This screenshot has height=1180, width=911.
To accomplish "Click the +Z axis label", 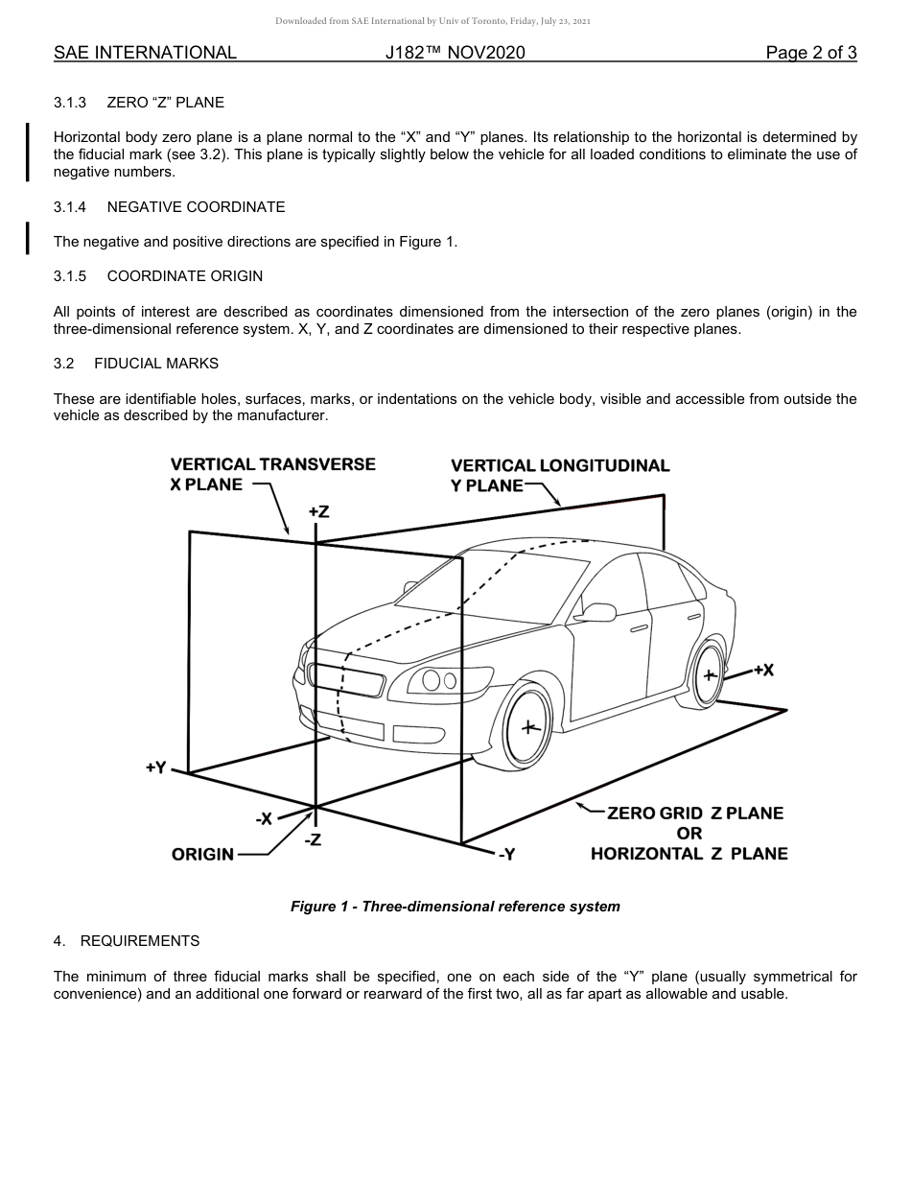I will pyautogui.click(x=319, y=512).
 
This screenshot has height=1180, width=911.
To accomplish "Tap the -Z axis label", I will pyautogui.click(x=313, y=840).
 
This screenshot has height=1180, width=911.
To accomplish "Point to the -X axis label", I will pyautogui.click(x=264, y=819).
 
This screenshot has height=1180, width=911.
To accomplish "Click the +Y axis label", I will pyautogui.click(x=156, y=767).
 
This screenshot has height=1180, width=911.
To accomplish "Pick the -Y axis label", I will pyautogui.click(x=506, y=854).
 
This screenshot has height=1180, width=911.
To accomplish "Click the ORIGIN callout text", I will pyautogui.click(x=202, y=854).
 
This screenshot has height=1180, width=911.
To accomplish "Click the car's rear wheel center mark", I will pyautogui.click(x=710, y=674).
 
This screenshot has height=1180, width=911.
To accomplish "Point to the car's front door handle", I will pyautogui.click(x=639, y=628).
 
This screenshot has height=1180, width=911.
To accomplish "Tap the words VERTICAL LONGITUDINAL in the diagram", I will pyautogui.click(x=560, y=465).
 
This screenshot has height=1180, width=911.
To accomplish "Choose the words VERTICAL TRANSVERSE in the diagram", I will pyautogui.click(x=273, y=464).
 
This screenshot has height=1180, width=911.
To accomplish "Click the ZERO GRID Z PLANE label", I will pyautogui.click(x=695, y=813).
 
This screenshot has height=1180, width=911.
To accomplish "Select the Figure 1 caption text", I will pyautogui.click(x=455, y=907).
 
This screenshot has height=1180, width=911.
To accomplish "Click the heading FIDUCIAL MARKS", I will pyautogui.click(x=156, y=364).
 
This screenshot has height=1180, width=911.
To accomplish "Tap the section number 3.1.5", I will pyautogui.click(x=70, y=276).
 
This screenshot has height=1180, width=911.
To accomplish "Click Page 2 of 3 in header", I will pyautogui.click(x=810, y=53).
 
